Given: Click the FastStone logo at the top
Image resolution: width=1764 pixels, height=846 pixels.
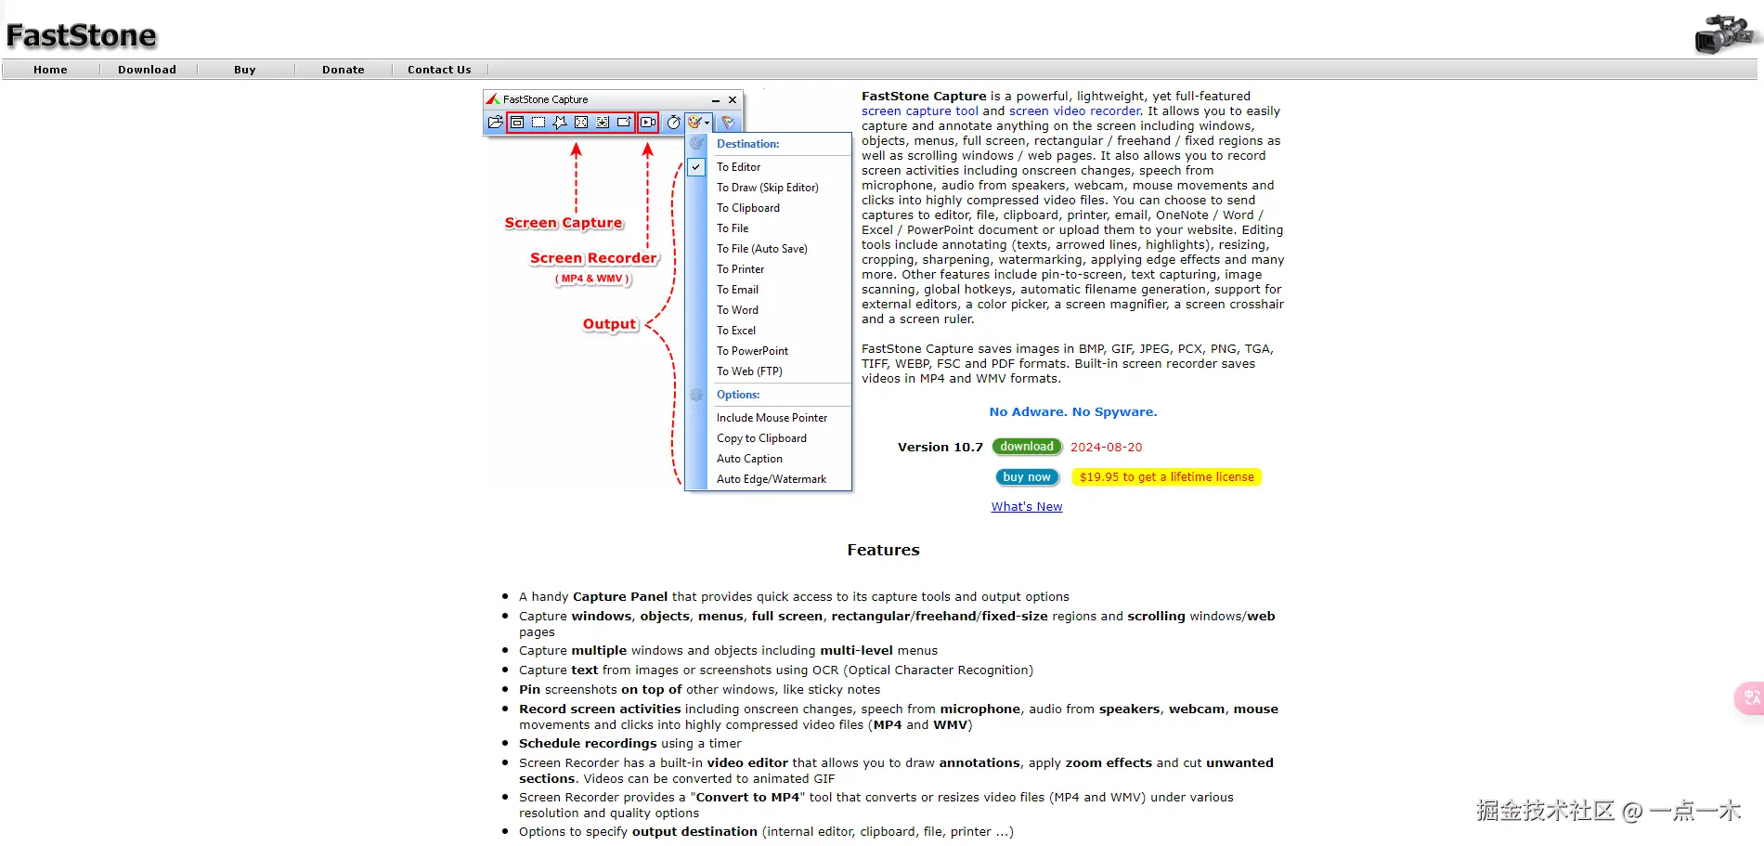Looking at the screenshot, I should tap(82, 35).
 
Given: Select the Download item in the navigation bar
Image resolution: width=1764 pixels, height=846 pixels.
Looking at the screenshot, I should tap(147, 70).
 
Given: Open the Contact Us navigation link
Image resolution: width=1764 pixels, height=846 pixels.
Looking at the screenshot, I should tap(439, 70).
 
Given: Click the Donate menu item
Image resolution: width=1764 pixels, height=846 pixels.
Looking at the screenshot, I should tap(344, 70).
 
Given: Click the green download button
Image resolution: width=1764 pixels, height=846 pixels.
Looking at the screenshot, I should tap(1027, 447).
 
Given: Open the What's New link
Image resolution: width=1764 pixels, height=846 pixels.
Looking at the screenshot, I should tap(1027, 507).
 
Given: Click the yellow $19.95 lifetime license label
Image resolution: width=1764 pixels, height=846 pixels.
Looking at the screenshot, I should tap(1166, 477).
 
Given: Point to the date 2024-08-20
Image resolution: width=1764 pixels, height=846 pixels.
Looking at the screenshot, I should tap(1107, 448).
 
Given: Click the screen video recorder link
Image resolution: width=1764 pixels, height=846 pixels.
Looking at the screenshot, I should tap(1075, 111).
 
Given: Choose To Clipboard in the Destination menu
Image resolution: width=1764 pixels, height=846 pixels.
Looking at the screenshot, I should tap(748, 208).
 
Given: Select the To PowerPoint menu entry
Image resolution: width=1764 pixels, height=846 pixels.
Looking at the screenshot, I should tap(752, 351).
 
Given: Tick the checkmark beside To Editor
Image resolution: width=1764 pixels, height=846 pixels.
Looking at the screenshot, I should tap(696, 167).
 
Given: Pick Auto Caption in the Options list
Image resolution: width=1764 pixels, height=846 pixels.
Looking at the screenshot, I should tap(749, 459).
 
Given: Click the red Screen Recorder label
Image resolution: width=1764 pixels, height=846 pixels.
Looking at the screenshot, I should tap(593, 258).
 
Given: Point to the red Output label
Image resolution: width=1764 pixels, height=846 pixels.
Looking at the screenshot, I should tap(610, 324).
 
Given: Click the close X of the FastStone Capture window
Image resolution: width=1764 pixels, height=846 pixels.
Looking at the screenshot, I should tap(733, 100).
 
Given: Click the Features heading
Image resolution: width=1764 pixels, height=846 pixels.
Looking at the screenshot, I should tap(883, 551).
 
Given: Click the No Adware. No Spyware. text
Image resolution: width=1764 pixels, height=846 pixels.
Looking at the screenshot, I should tap(1073, 412).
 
